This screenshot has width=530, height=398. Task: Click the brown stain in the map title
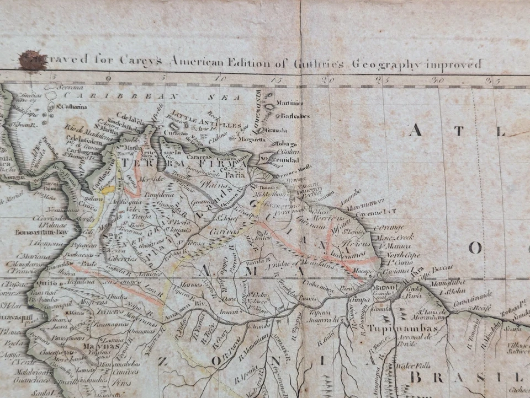32,61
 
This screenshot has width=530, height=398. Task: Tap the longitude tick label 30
439,80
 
